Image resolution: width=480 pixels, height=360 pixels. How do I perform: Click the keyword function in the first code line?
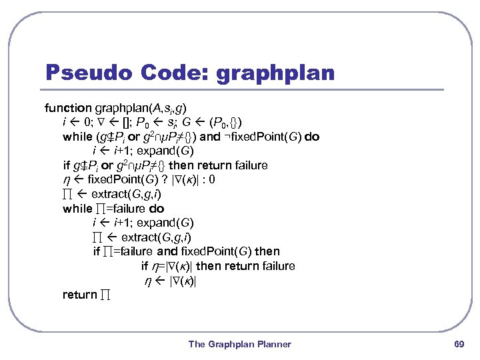(x=68, y=107)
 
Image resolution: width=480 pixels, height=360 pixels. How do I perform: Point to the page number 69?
(x=458, y=344)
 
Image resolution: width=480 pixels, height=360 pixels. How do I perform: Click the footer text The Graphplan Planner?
(x=239, y=344)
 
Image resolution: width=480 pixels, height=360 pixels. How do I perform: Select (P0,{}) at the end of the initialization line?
(x=226, y=122)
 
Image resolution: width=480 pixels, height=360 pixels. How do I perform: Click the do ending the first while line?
(x=312, y=137)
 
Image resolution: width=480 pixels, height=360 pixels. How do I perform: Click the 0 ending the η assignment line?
(x=212, y=179)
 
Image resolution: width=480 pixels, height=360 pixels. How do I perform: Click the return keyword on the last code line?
(x=79, y=295)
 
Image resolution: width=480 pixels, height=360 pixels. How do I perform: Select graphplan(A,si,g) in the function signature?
(x=141, y=107)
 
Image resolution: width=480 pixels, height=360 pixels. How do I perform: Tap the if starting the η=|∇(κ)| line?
(x=145, y=266)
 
